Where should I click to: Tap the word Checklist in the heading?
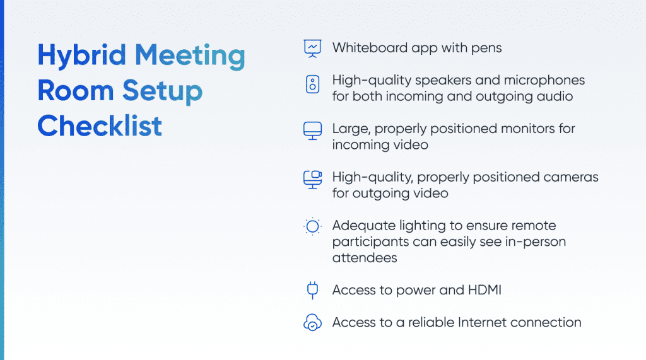pyautogui.click(x=100, y=126)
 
